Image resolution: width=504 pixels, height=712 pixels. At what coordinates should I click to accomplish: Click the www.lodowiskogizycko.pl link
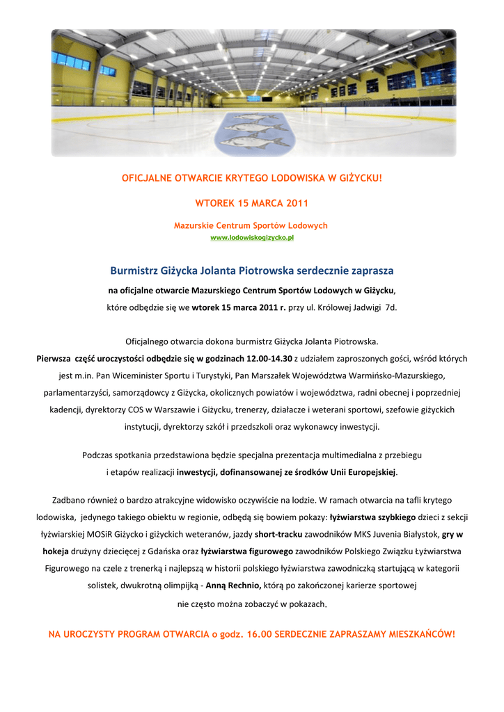tap(252, 238)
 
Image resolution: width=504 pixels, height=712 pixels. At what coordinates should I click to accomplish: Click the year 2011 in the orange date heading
tap(294, 203)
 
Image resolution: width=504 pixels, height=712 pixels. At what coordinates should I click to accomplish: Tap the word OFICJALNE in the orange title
tap(146, 178)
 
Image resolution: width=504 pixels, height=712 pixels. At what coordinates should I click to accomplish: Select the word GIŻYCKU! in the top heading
tap(359, 178)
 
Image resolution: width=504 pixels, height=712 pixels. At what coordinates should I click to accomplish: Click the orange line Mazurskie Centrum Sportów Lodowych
tap(251, 226)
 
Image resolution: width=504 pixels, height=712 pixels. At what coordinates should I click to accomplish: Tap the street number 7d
tap(391, 307)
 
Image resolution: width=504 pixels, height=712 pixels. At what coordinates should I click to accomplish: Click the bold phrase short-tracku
tap(278, 534)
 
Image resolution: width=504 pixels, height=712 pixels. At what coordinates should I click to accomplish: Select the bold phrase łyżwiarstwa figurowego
tap(246, 551)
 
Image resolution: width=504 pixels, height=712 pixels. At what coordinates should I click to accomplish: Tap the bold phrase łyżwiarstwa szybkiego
tap(372, 517)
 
